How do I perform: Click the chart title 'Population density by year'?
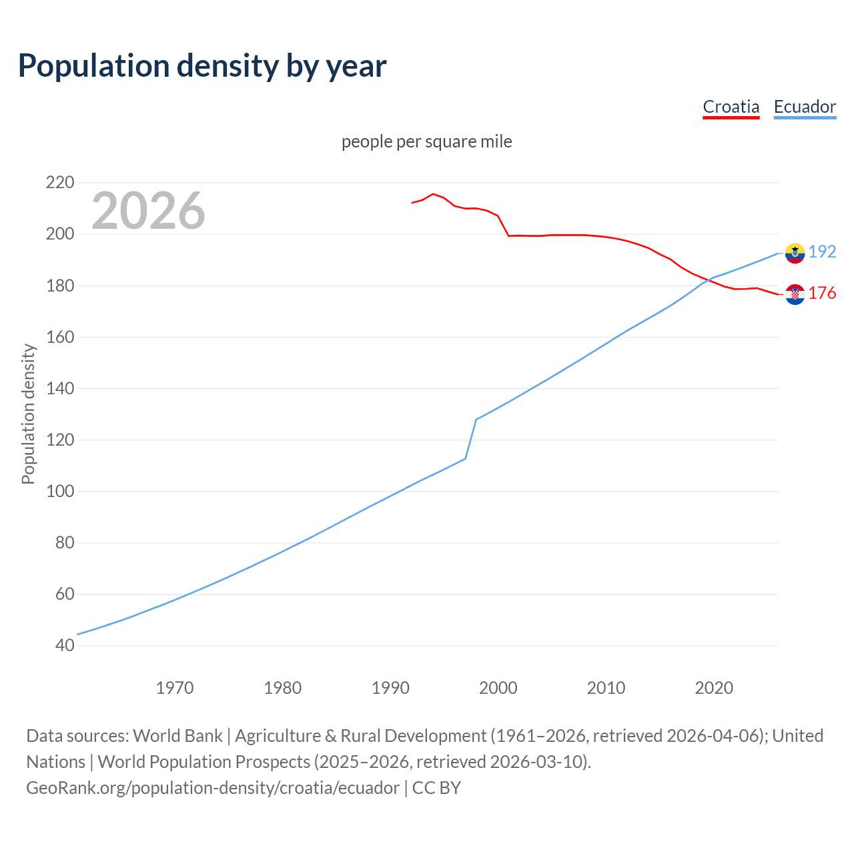pos(202,66)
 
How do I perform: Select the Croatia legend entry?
pos(731,107)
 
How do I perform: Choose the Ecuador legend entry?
pos(805,107)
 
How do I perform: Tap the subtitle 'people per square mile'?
pos(427,142)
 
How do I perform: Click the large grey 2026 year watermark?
pos(148,211)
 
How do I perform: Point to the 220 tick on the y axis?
pos(60,182)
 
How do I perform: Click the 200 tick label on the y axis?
pos(60,234)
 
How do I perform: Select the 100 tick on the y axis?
pos(60,491)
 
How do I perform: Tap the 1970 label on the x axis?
pos(175,688)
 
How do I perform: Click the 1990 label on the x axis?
pos(390,688)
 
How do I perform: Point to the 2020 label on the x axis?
pos(714,688)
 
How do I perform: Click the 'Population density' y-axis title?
pos(28,414)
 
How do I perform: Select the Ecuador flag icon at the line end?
pos(795,253)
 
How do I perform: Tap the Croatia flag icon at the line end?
pos(795,294)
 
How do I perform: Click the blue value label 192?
pos(822,252)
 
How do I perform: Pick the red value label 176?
pos(822,293)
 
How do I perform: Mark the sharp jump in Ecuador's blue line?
pos(471,438)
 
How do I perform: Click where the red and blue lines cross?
pos(710,280)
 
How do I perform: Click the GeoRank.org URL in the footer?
pos(213,788)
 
